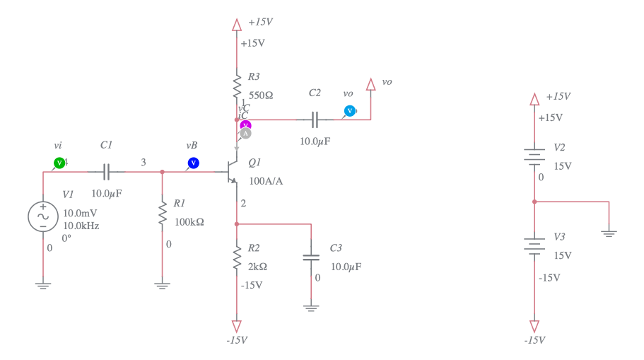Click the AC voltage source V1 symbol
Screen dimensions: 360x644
point(42,216)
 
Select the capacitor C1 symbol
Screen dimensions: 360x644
point(106,171)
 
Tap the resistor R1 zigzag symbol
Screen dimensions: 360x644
point(163,213)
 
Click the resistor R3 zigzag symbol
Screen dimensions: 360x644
point(237,86)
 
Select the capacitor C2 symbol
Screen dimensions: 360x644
point(315,119)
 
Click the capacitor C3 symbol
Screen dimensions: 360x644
point(311,257)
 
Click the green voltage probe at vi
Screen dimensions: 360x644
point(59,163)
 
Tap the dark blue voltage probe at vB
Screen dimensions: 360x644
point(193,163)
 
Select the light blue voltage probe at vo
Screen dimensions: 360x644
point(349,110)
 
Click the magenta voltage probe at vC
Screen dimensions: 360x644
point(245,125)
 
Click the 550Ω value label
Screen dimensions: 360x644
point(261,95)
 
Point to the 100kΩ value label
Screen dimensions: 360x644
point(189,221)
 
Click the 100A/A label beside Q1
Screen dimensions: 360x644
point(266,180)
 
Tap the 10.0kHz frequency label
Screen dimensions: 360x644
point(81,226)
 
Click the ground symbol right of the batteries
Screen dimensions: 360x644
point(609,231)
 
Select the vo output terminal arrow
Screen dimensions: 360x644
point(370,84)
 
